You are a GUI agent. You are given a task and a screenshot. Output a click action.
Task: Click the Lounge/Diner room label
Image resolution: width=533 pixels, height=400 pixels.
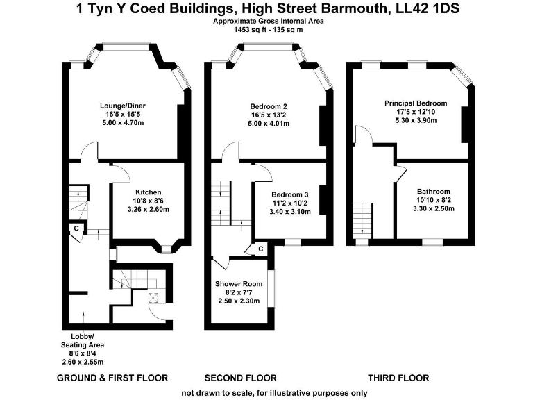coord(126,106)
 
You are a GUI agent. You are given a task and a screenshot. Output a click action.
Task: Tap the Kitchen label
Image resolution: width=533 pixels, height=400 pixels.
coord(148,192)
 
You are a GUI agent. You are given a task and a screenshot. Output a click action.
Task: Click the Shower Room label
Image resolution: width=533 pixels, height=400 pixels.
coord(238,284)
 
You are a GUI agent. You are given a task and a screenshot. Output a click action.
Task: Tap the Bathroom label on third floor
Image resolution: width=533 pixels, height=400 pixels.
coord(434,192)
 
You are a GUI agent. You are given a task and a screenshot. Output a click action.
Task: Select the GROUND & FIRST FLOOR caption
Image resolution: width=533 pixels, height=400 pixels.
coord(112,378)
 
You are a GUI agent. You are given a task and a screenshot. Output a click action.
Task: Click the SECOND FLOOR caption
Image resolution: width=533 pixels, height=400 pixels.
coord(241,378)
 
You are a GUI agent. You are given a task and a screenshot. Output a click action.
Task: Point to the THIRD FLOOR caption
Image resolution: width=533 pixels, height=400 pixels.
coord(398,378)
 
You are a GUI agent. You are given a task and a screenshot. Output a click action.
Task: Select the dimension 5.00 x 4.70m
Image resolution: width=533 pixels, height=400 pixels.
coord(126,123)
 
